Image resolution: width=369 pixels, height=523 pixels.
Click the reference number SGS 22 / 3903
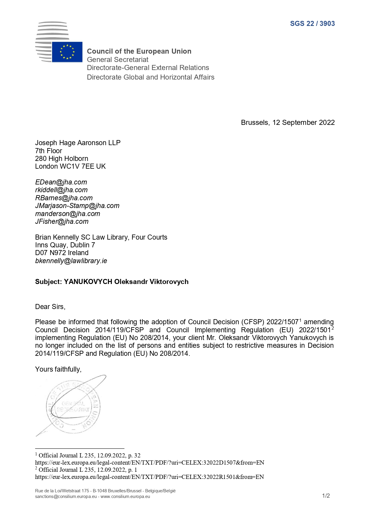[312, 24]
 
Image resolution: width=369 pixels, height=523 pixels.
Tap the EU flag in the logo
[67, 52]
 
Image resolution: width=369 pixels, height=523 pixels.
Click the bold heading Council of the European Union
[139, 51]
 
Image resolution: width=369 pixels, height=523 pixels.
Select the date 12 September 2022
[304, 122]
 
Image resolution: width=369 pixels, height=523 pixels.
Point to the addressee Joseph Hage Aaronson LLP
[78, 143]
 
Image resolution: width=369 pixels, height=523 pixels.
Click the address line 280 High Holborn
[62, 159]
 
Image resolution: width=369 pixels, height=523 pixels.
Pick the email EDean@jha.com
[61, 182]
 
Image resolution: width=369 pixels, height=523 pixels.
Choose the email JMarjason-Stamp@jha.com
[77, 206]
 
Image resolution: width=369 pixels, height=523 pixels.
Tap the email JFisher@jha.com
[62, 221]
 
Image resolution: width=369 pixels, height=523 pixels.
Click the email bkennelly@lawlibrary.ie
[71, 261]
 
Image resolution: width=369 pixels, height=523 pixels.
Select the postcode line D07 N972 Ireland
[62, 253]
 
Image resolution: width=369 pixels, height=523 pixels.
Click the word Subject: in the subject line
[48, 282]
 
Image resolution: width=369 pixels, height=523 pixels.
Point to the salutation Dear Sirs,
[50, 307]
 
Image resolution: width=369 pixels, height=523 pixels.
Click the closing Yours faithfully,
[58, 369]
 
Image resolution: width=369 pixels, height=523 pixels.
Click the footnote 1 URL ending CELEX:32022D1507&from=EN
[149, 463]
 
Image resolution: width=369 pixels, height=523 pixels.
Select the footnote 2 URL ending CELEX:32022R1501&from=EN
[149, 477]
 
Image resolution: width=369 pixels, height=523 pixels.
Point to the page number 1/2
[326, 496]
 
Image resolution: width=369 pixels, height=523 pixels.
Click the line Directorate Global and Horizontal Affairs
[150, 77]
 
